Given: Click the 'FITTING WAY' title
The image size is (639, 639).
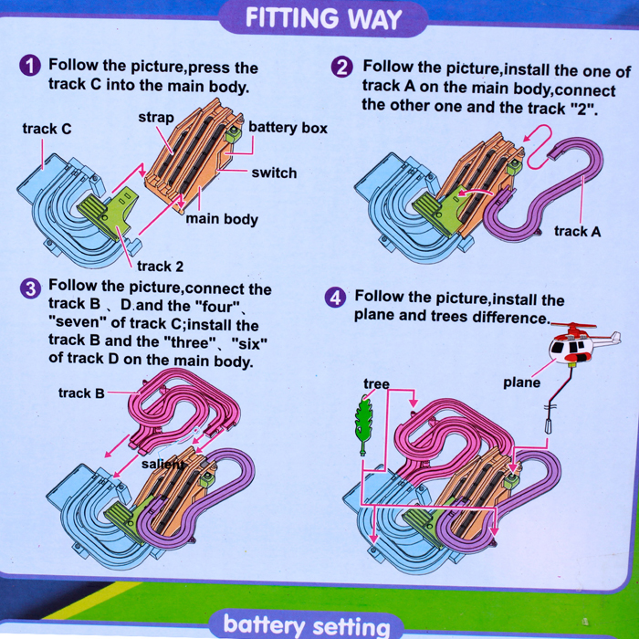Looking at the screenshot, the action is click(x=323, y=18).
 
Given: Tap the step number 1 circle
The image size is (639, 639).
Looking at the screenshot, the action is click(x=30, y=66).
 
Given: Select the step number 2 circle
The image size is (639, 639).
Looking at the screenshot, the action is click(x=342, y=67).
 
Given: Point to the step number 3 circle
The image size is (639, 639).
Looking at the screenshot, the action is click(x=30, y=289).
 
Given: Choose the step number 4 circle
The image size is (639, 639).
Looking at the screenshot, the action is click(x=335, y=298).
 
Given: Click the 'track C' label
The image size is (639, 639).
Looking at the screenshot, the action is click(x=47, y=129).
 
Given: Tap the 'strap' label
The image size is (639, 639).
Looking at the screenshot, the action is click(x=156, y=118).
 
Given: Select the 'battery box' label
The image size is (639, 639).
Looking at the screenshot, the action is click(x=288, y=128).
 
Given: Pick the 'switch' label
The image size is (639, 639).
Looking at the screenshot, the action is click(x=274, y=173).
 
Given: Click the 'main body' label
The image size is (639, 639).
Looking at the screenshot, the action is click(x=222, y=219).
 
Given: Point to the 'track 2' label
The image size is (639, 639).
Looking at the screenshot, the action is click(x=160, y=267).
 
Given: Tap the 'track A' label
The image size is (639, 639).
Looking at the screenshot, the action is click(x=578, y=232).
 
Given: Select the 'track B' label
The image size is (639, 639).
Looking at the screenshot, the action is click(x=81, y=393).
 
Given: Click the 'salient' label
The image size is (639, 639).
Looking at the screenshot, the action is click(x=162, y=464).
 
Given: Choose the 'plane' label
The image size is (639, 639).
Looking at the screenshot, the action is click(x=521, y=382).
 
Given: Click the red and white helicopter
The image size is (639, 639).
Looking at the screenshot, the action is click(x=581, y=345).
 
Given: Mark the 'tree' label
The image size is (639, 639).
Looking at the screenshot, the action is click(x=376, y=384).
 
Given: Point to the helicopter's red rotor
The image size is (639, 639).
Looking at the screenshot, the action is click(x=573, y=326).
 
